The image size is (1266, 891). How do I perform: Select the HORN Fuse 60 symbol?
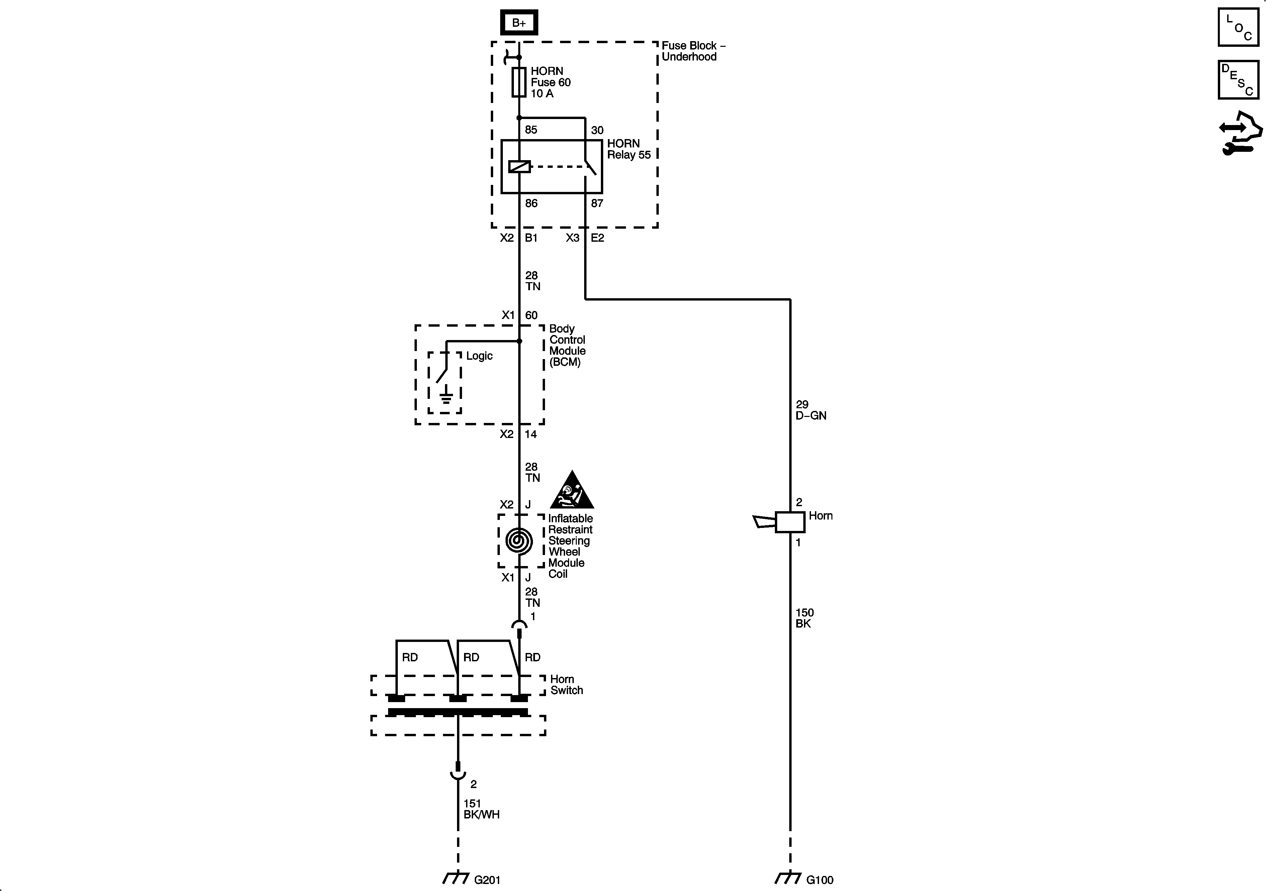pos(519,82)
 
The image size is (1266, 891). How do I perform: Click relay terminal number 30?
pos(597,131)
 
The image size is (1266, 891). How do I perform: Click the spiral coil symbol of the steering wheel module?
pos(519,541)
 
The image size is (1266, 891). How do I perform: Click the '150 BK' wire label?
pos(805,618)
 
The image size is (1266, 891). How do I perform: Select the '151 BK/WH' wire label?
pos(481,809)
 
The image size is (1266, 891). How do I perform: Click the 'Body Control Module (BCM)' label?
pos(567,345)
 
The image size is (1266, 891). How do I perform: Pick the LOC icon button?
pos(1238,27)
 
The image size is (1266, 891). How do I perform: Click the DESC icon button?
pos(1238,80)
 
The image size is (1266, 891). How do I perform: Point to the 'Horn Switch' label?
pos(566,684)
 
